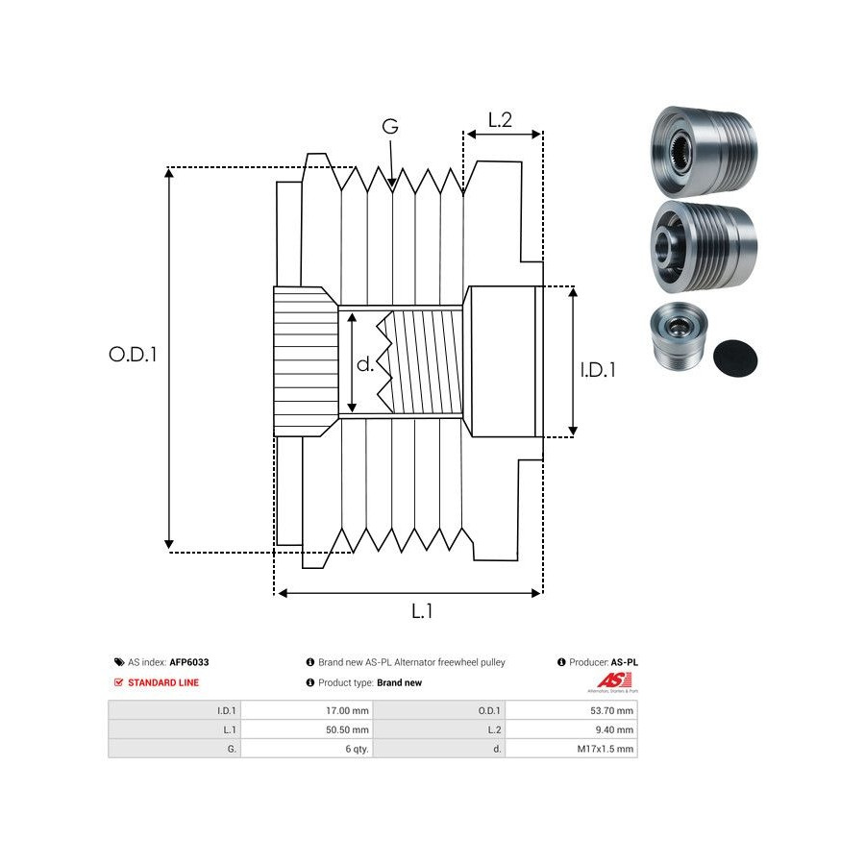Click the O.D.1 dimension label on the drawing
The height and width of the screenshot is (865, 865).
[x=133, y=354]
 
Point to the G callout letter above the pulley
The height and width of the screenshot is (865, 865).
[x=390, y=127]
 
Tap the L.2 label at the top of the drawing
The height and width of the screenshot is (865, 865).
[x=500, y=120]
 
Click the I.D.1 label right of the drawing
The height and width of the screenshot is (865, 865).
[x=598, y=369]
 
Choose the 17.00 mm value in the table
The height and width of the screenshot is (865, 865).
[x=349, y=710]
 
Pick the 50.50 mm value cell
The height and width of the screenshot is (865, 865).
[x=349, y=729]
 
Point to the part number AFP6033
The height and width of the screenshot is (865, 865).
[x=189, y=662]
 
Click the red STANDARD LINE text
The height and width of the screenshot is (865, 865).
[x=163, y=682]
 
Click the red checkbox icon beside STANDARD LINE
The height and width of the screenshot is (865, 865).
[x=118, y=682]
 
